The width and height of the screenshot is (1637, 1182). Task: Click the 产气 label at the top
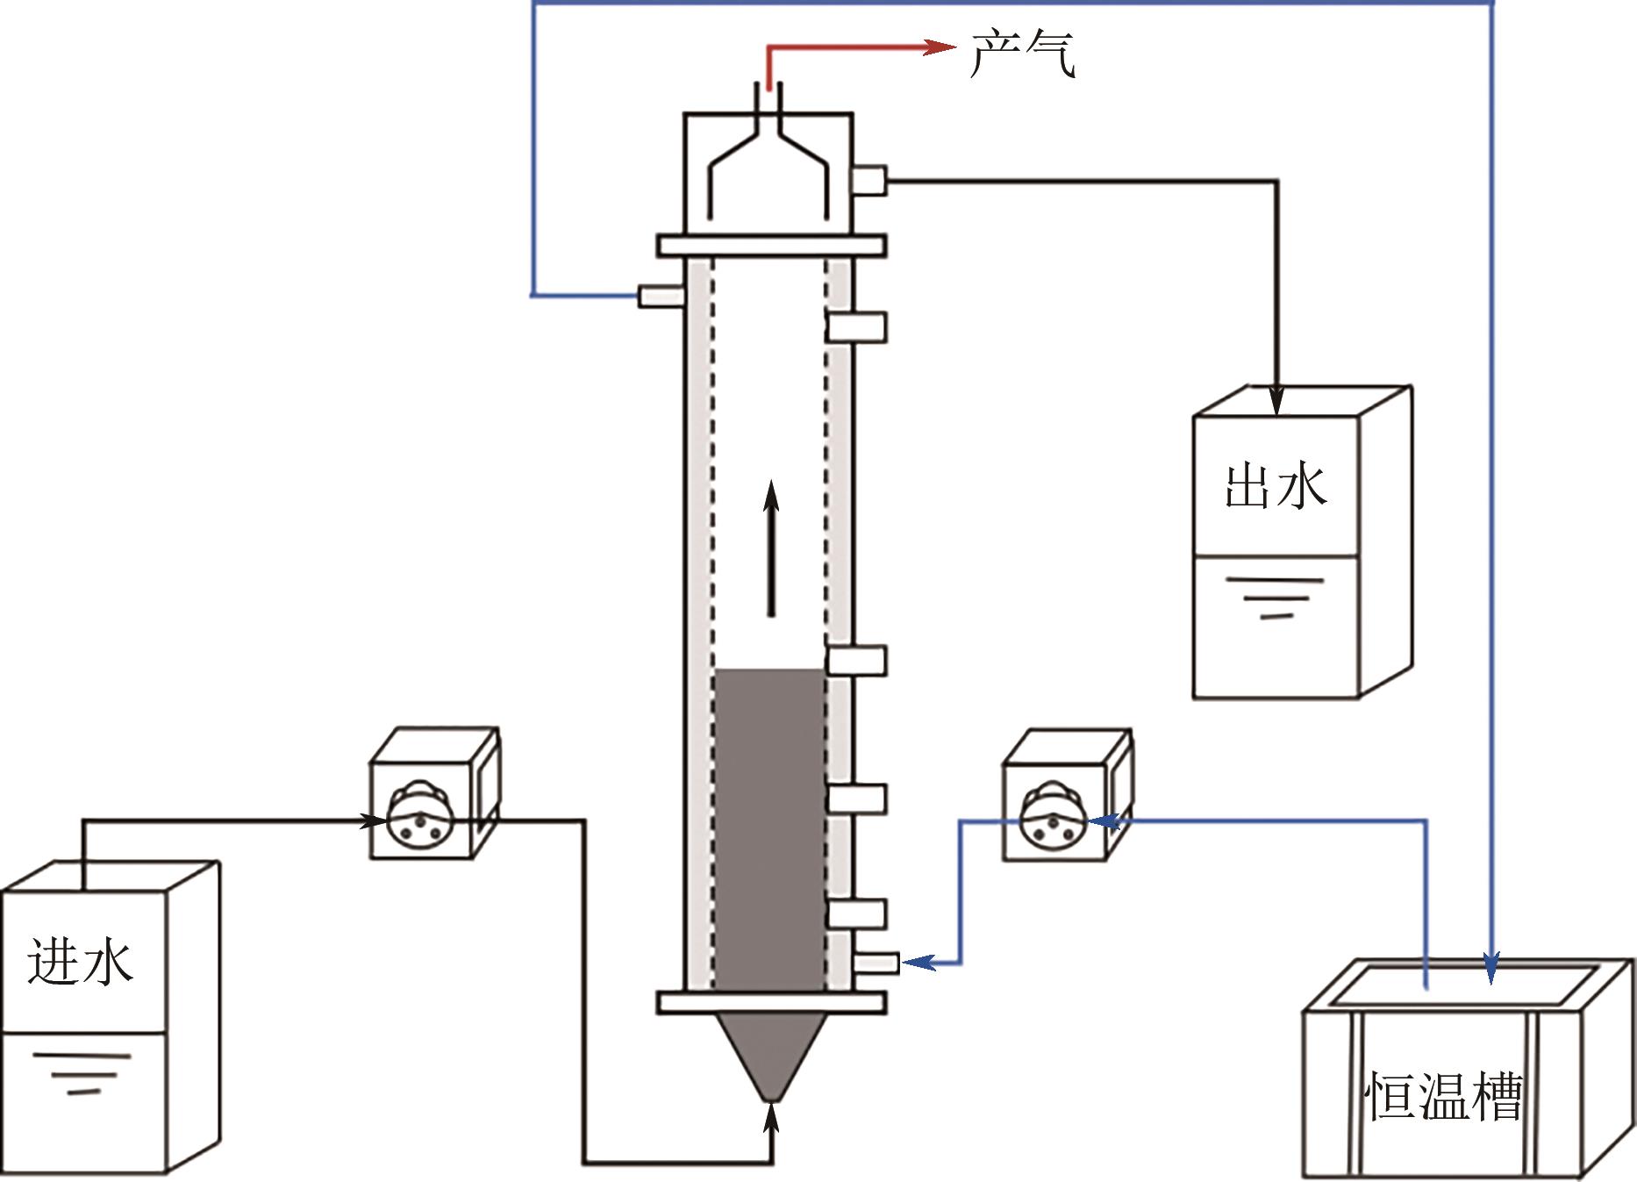[x=1022, y=54]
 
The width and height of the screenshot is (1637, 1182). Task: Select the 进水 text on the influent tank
[x=80, y=961]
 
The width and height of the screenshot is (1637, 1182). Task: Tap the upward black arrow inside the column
[x=771, y=548]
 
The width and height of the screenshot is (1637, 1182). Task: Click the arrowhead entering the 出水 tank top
[x=1276, y=400]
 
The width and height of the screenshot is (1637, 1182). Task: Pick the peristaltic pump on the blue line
[x=1068, y=793]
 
